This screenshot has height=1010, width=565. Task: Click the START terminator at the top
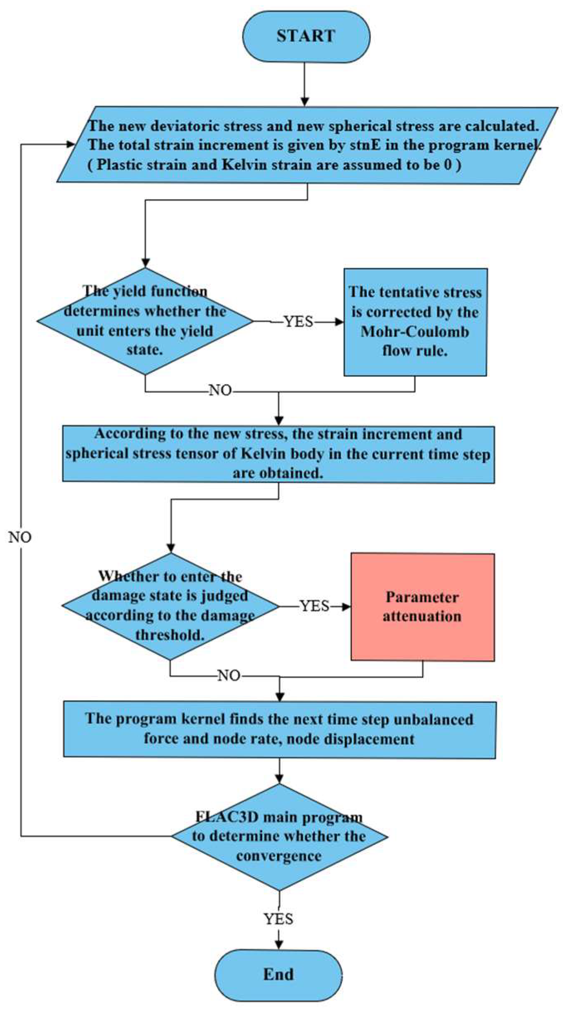[x=305, y=37]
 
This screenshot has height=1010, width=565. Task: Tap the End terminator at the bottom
[x=278, y=974]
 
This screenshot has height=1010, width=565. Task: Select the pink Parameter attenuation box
[x=422, y=606]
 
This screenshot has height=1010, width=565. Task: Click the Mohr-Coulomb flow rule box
[x=415, y=322]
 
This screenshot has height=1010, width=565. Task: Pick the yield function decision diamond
[x=145, y=321]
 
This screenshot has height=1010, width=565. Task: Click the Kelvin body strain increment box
[x=278, y=454]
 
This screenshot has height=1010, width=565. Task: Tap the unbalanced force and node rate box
[x=279, y=729]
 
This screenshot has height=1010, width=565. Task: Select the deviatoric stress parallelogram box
[x=307, y=145]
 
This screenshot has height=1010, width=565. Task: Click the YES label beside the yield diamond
[x=298, y=321]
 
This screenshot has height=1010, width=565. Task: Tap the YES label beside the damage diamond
[x=315, y=606]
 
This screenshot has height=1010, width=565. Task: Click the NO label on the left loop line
[x=20, y=537]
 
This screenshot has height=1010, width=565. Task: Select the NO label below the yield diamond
[x=220, y=390]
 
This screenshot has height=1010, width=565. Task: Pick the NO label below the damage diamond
[x=229, y=676]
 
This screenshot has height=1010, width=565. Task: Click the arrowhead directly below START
[x=305, y=102]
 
